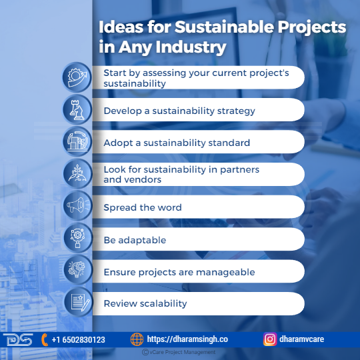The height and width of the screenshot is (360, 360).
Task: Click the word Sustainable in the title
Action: click(x=224, y=27)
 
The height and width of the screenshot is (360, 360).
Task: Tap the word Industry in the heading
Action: click(x=191, y=47)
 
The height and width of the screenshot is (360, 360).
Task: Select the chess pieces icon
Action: click(x=77, y=109)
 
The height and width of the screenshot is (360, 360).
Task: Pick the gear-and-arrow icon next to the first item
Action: click(x=77, y=77)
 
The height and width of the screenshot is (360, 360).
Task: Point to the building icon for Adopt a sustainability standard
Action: click(x=77, y=141)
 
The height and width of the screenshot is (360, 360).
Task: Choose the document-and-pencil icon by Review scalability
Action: click(x=79, y=302)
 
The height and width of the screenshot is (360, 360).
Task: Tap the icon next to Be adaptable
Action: click(x=77, y=238)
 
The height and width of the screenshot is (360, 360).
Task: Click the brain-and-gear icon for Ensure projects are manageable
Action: click(x=77, y=269)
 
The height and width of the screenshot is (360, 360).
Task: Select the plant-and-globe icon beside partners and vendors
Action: click(x=77, y=173)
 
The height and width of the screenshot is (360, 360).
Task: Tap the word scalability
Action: click(x=163, y=304)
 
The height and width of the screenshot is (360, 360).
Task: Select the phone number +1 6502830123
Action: click(x=78, y=340)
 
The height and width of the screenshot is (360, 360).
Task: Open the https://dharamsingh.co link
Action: click(x=187, y=339)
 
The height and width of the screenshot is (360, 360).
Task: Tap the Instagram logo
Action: click(x=270, y=339)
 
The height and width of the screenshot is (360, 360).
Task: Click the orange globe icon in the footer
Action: click(x=137, y=339)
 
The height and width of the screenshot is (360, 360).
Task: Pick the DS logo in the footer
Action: click(x=18, y=339)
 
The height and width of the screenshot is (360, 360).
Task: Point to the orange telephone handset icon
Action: click(x=44, y=340)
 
